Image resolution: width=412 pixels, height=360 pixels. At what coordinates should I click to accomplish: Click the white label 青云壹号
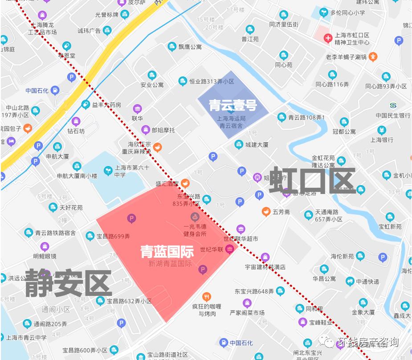(x=233, y=105)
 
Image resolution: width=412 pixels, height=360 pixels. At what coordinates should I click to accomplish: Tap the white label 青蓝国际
(x=167, y=251)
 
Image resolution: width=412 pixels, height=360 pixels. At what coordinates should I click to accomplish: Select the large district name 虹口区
(x=312, y=180)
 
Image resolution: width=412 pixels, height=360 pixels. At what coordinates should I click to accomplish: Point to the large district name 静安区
(x=68, y=283)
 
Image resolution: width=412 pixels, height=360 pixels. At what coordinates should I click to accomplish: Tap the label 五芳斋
(x=281, y=212)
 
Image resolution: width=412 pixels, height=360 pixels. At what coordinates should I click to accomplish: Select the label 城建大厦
(x=257, y=145)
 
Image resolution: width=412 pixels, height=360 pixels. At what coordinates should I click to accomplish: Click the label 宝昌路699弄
(x=113, y=236)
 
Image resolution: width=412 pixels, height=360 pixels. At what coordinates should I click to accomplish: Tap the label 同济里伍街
(x=284, y=24)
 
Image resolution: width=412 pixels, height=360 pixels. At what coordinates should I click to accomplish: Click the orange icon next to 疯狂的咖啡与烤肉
(x=207, y=296)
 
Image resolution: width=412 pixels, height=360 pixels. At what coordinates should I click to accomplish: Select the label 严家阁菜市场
(x=247, y=313)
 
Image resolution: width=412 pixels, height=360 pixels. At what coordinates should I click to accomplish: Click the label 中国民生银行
(x=393, y=115)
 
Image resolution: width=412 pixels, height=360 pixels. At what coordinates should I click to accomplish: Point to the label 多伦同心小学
(x=347, y=12)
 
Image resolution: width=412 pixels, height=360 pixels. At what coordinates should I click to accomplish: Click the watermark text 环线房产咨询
(x=368, y=342)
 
